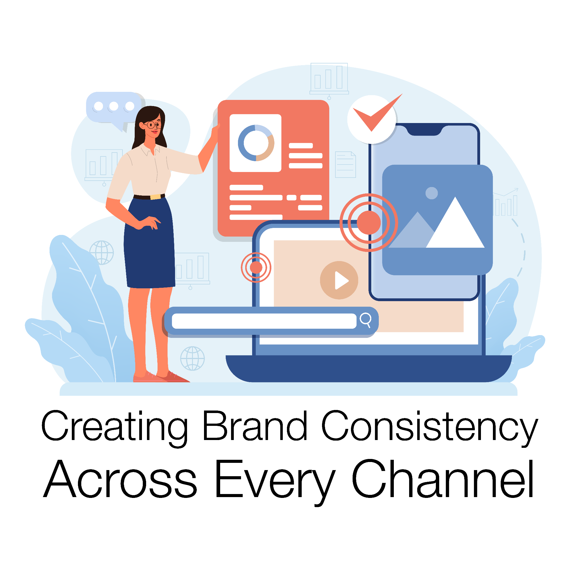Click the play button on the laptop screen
[x=339, y=280]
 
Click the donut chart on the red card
[x=256, y=143]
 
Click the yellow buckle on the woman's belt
[x=156, y=197]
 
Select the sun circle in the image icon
[x=432, y=193]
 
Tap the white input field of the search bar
[x=264, y=321]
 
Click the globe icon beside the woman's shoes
[x=192, y=358]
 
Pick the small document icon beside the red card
[x=345, y=165]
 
